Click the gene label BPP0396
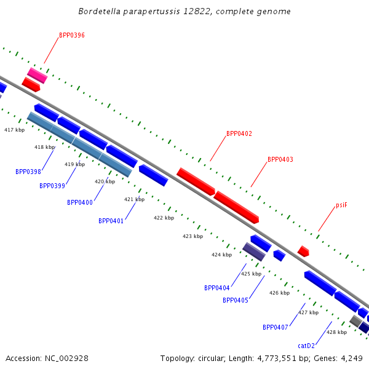pyautogui.click(x=72, y=35)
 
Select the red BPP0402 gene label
pyautogui.click(x=239, y=133)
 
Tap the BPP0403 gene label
pyautogui.click(x=280, y=159)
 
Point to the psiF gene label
pyautogui.click(x=341, y=205)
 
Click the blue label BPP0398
pyautogui.click(x=28, y=172)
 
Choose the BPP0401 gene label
pyautogui.click(x=111, y=221)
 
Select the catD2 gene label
pyautogui.click(x=306, y=346)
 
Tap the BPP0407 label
pyautogui.click(x=276, y=327)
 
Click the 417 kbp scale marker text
pyautogui.click(x=14, y=130)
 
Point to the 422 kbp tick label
pyautogui.click(x=164, y=218)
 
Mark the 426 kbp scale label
pyautogui.click(x=279, y=293)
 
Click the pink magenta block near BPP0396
pyautogui.click(x=37, y=76)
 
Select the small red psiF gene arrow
pyautogui.click(x=303, y=251)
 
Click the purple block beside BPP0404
pyautogui.click(x=254, y=252)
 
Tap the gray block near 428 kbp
pyautogui.click(x=355, y=321)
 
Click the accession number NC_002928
pyautogui.click(x=66, y=359)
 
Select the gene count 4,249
pyautogui.click(x=352, y=359)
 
